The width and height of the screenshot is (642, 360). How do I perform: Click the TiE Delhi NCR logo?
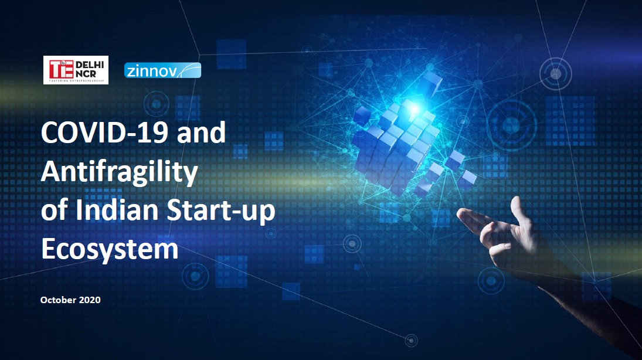pyautogui.click(x=76, y=70)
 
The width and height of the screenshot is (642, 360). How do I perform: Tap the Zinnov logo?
pyautogui.click(x=162, y=70)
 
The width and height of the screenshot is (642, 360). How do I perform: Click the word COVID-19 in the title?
pyautogui.click(x=104, y=133)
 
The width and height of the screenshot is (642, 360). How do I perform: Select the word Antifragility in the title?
pyautogui.click(x=119, y=171)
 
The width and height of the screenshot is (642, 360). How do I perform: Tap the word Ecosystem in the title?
pyautogui.click(x=110, y=249)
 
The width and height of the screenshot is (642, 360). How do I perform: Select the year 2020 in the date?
pyautogui.click(x=90, y=300)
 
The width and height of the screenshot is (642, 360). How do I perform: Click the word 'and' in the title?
pyautogui.click(x=202, y=133)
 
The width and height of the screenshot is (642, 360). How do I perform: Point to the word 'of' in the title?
pyautogui.click(x=54, y=209)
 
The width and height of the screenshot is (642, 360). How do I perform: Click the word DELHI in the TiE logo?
pyautogui.click(x=90, y=64)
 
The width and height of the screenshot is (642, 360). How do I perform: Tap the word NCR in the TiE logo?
pyautogui.click(x=86, y=74)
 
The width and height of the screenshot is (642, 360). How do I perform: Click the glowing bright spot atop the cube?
pyautogui.click(x=413, y=109)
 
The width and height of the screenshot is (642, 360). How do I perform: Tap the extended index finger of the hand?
pyautogui.click(x=475, y=219)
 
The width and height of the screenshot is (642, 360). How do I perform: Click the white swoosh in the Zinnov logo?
pyautogui.click(x=186, y=70)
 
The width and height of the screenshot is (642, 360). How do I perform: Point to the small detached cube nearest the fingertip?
pyautogui.click(x=467, y=179)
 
